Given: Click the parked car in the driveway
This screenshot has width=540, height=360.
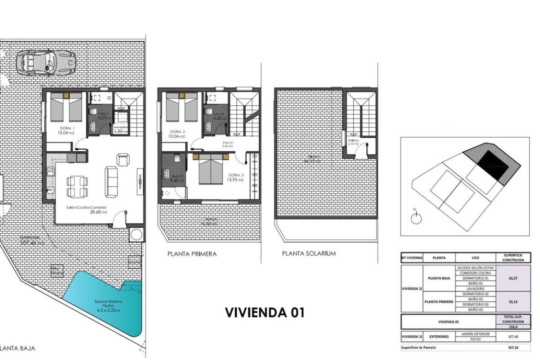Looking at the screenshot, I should click(x=45, y=62).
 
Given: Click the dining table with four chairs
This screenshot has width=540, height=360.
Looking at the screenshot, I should click(x=77, y=186).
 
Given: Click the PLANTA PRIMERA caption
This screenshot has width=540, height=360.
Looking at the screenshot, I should click(x=192, y=254).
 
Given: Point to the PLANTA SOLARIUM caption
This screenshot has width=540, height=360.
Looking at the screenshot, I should click(x=309, y=253).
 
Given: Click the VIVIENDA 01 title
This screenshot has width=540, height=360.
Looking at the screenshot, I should click(x=264, y=312).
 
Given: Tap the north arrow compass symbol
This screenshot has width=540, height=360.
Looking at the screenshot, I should click(x=416, y=218).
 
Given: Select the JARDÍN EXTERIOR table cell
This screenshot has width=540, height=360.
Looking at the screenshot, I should click(x=476, y=333).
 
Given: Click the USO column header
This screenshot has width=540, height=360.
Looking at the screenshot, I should click(x=475, y=258).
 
